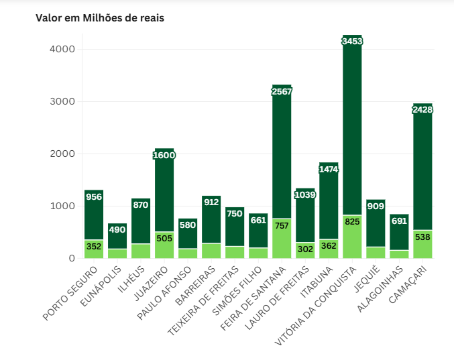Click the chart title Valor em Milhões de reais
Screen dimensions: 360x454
pyautogui.click(x=100, y=18)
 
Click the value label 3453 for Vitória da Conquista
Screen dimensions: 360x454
pyautogui.click(x=352, y=42)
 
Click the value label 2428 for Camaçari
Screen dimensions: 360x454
pyautogui.click(x=422, y=109)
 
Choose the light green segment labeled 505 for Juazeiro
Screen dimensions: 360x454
pyautogui.click(x=164, y=245)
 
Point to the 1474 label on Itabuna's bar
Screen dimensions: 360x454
pyautogui.click(x=329, y=169)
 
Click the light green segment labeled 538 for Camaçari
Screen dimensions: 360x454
pyautogui.click(x=422, y=245)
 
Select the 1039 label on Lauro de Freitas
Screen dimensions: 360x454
pyautogui.click(x=305, y=194)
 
